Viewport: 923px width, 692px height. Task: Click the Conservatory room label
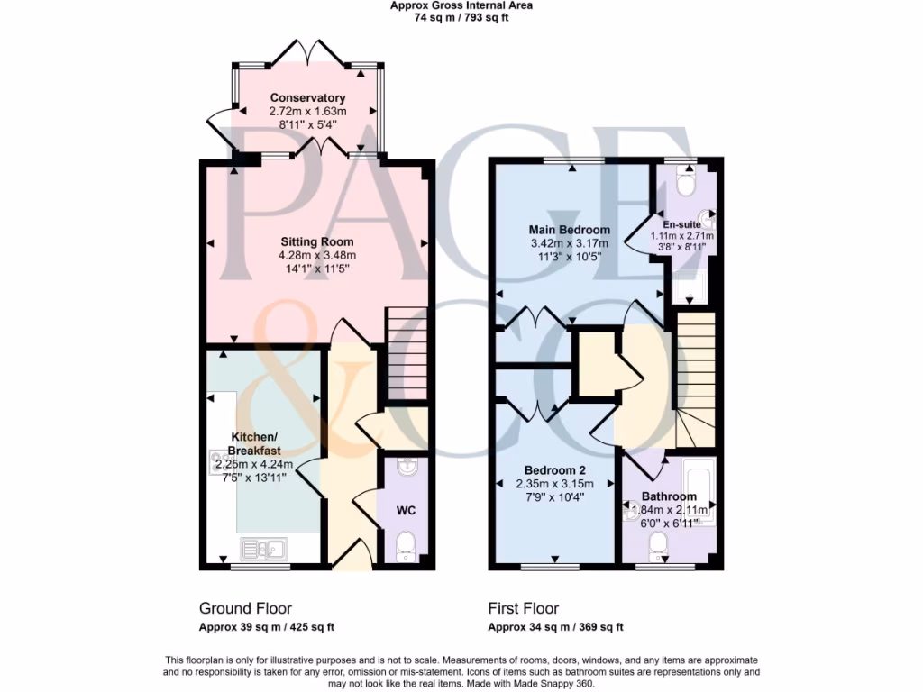[307, 97]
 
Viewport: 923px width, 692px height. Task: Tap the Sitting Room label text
[316, 241]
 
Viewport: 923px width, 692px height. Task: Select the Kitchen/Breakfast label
[254, 443]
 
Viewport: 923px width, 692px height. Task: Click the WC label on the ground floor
[406, 511]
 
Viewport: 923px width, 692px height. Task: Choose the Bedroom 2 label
[555, 470]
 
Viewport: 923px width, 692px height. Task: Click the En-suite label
[679, 224]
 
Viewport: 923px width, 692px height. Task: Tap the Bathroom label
[669, 496]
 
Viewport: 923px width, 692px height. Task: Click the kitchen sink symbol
[263, 547]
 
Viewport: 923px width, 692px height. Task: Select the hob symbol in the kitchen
[220, 461]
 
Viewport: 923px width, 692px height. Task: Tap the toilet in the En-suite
[685, 185]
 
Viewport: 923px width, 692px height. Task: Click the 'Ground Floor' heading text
[245, 609]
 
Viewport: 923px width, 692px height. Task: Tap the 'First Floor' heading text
[524, 609]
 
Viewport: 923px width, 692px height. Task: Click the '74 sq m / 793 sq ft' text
[461, 17]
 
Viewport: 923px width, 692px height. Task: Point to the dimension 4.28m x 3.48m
[316, 255]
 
